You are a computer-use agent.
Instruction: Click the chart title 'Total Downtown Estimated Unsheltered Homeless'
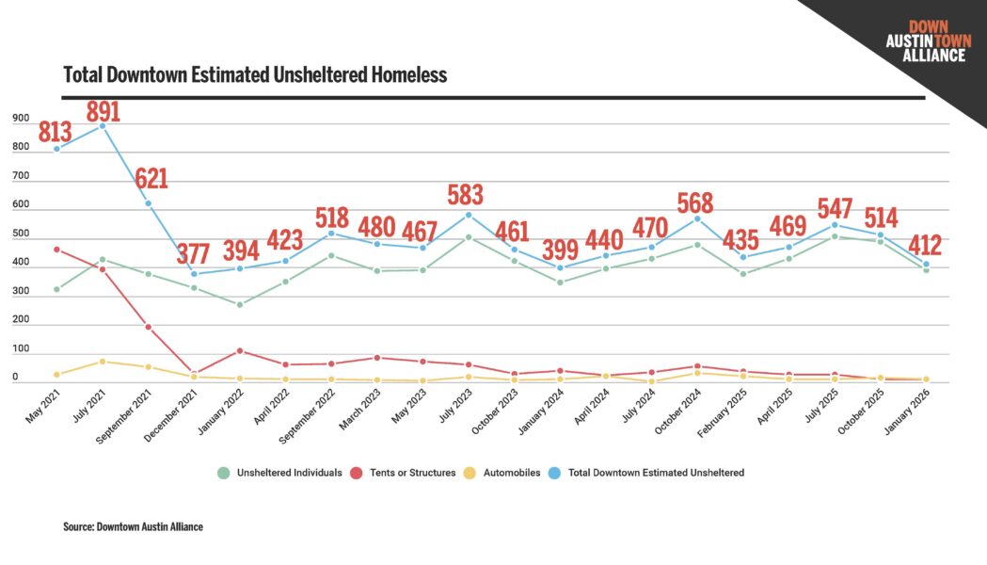pyautogui.click(x=254, y=74)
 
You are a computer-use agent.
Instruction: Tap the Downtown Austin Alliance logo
pyautogui.click(x=926, y=41)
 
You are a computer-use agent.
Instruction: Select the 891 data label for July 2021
pyautogui.click(x=103, y=111)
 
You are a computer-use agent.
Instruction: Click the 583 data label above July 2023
pyautogui.click(x=465, y=195)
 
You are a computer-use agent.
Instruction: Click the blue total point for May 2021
pyautogui.click(x=57, y=149)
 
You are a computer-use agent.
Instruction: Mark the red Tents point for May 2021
pyautogui.click(x=57, y=250)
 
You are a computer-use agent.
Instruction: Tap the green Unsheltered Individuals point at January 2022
pyautogui.click(x=240, y=304)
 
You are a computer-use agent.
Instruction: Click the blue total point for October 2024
pyautogui.click(x=697, y=219)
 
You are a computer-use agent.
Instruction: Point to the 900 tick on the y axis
pyautogui.click(x=21, y=119)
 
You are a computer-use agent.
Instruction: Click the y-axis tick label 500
pyautogui.click(x=21, y=234)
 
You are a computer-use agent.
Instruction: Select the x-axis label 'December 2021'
pyautogui.click(x=175, y=407)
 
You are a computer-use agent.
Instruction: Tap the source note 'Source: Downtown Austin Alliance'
pyautogui.click(x=133, y=527)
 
